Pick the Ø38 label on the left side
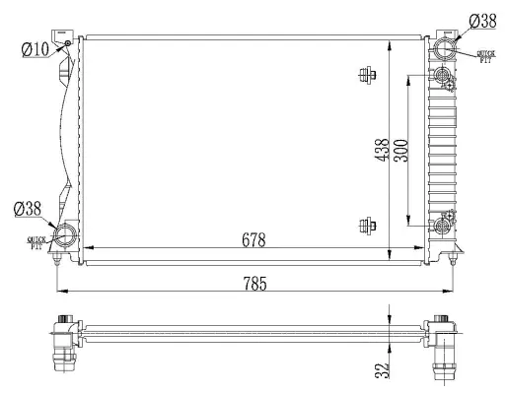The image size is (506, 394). pyautogui.click(x=27, y=208)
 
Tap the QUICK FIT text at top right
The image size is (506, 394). pyautogui.click(x=485, y=56)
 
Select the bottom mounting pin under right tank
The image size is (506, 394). pyautogui.click(x=452, y=258)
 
